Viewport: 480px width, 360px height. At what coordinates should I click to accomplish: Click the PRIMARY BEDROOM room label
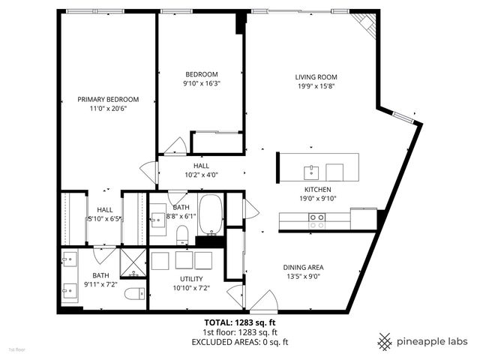[109, 99]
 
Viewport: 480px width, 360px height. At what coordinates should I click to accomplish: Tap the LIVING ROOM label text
[315, 76]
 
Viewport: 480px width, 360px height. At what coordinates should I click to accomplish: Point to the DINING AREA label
[303, 267]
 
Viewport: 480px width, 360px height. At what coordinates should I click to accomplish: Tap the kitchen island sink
[310, 169]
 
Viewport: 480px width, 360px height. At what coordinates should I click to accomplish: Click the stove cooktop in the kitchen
[317, 220]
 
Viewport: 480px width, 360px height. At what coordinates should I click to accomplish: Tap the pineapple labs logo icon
[385, 340]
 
